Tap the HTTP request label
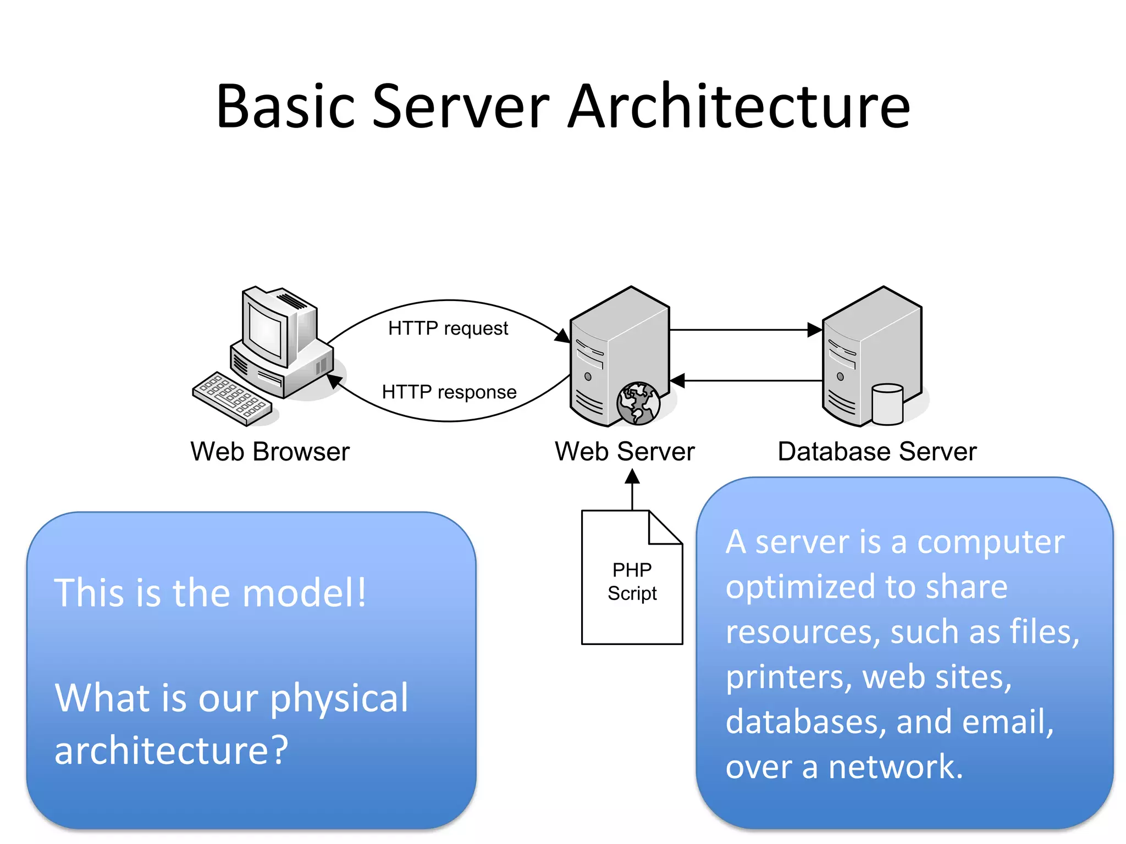[448, 328]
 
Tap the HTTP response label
[449, 392]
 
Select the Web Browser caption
[269, 452]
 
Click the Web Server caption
[625, 452]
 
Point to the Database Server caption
[877, 452]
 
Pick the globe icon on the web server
[638, 403]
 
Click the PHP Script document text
[632, 581]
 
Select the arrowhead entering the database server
[814, 330]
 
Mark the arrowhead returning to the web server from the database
[677, 380]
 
